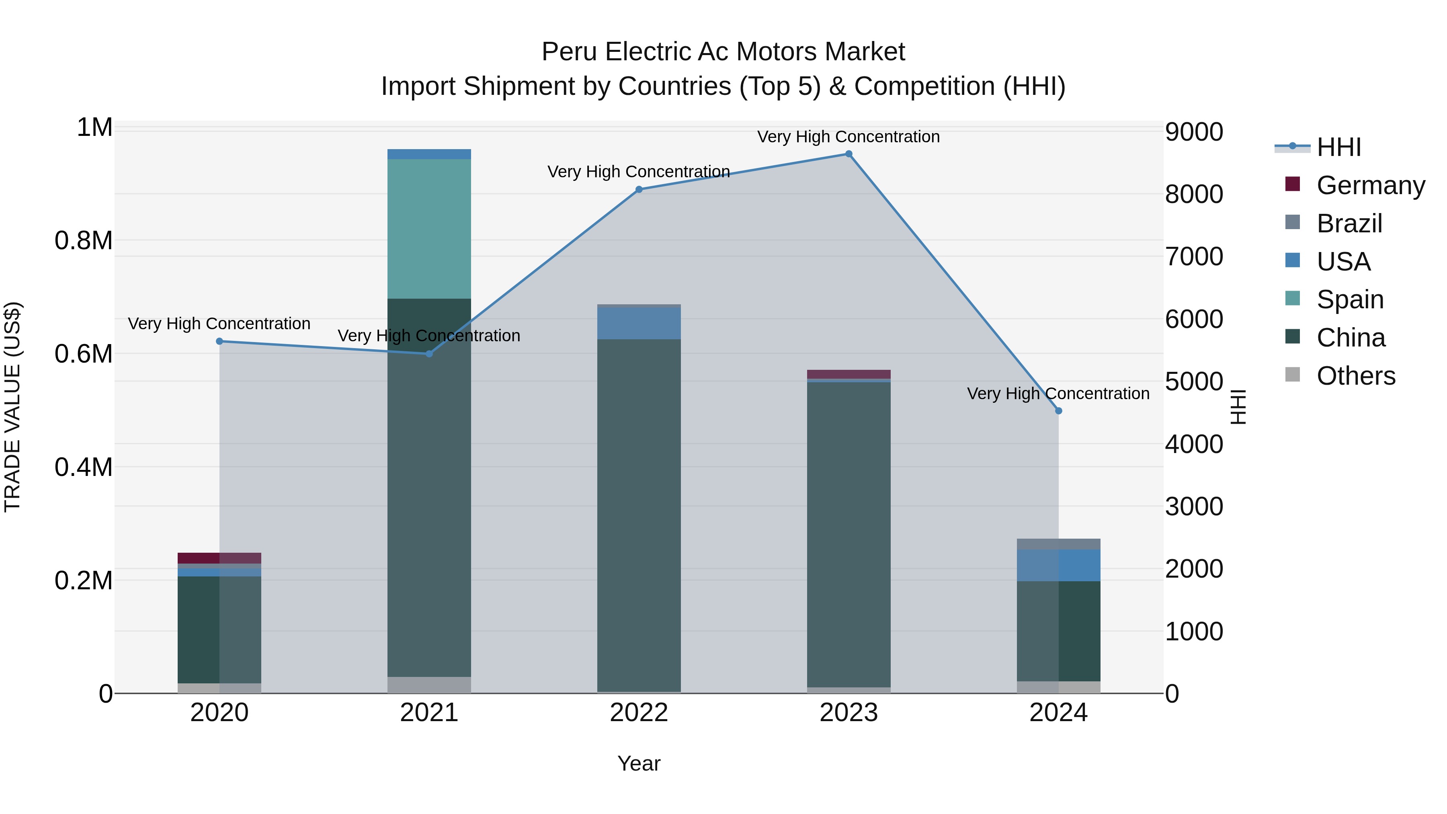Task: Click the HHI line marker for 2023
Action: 848,154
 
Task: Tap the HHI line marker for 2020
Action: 219,341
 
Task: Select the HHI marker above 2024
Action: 1058,411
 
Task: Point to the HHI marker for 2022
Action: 639,189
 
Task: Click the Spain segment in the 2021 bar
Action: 429,229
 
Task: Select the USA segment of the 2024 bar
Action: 1058,565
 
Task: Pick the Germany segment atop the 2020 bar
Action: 219,558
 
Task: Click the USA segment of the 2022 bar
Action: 639,324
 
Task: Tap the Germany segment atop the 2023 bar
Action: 848,374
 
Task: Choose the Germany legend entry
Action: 1370,185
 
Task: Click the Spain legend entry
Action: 1349,299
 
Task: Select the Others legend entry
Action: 1355,376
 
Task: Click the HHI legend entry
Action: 1338,147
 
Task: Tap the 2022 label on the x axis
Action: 639,713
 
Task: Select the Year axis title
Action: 639,763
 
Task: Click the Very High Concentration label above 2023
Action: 848,137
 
